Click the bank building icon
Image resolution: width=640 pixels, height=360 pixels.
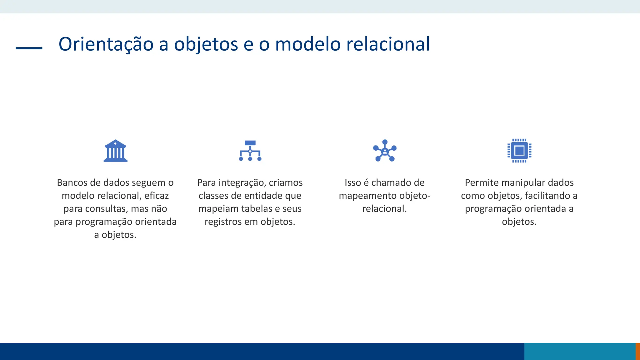click(x=115, y=151)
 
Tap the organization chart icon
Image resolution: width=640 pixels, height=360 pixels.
click(x=250, y=151)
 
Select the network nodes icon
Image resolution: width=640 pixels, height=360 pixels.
click(x=385, y=151)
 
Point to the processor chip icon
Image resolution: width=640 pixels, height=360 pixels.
click(x=519, y=151)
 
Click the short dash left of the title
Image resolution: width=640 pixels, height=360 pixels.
click(x=29, y=48)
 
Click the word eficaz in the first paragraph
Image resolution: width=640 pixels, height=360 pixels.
click(x=157, y=196)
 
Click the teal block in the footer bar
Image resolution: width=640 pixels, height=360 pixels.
click(x=580, y=352)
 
